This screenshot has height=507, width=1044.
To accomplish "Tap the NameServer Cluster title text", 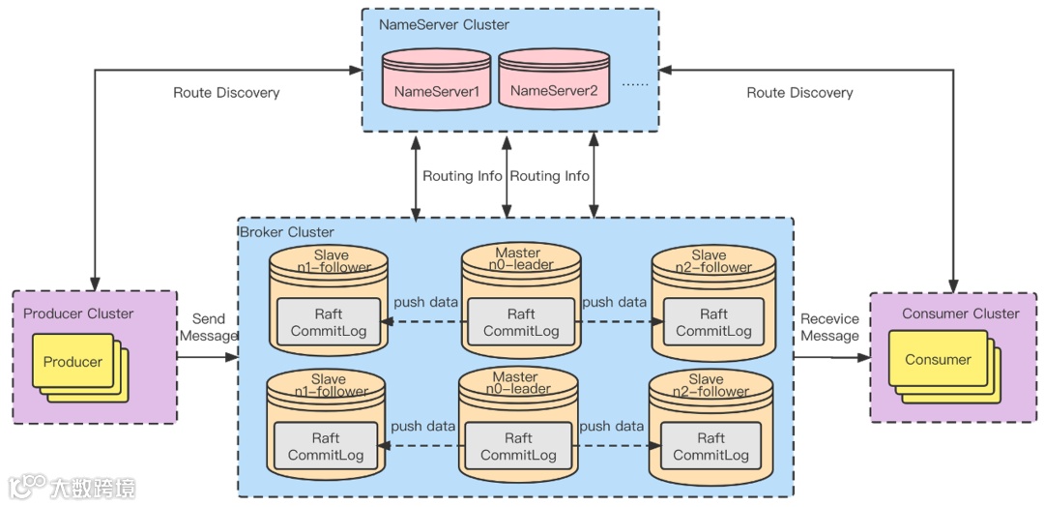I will pyautogui.click(x=444, y=25).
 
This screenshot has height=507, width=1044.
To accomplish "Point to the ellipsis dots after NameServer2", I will pyautogui.click(x=635, y=84).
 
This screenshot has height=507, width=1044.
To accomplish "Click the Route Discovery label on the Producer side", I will pyautogui.click(x=226, y=93).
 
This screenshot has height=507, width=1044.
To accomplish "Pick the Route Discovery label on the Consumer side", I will pyautogui.click(x=799, y=93).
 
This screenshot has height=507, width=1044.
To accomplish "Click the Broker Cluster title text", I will pyautogui.click(x=286, y=232).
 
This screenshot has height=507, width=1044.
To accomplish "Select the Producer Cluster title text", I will pyautogui.click(x=78, y=313).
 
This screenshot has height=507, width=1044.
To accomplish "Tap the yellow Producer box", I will pyautogui.click(x=72, y=362).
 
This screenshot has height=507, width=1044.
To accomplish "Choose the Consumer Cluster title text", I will pyautogui.click(x=960, y=313).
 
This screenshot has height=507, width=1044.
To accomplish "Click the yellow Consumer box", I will pyautogui.click(x=938, y=360).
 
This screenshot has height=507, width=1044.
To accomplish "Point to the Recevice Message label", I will pyautogui.click(x=829, y=327).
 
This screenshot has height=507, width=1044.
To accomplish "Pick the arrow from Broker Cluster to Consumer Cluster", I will pyautogui.click(x=831, y=357).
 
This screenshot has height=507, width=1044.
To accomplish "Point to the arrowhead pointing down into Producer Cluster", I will pyautogui.click(x=95, y=284).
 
